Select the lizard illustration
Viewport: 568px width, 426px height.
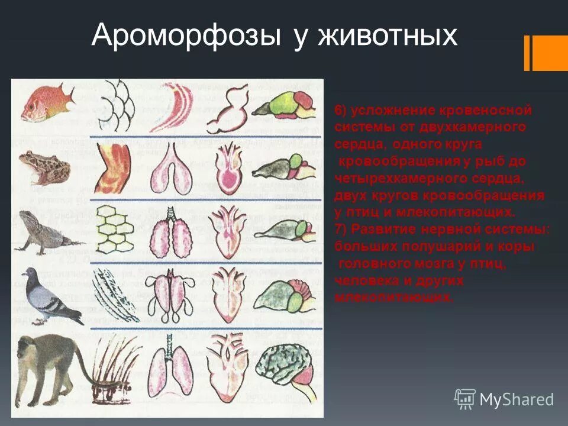click(x=47, y=231)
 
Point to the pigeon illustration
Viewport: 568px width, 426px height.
click(x=50, y=295)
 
